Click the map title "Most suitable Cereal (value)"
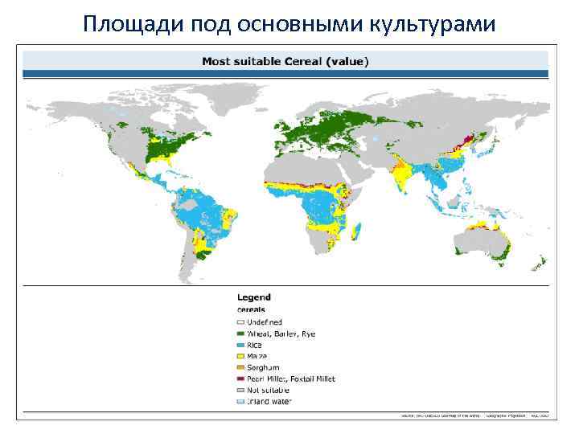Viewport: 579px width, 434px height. coord(285,60)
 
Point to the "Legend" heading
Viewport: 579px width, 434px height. coord(253,297)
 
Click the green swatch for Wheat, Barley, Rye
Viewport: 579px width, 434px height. coord(240,334)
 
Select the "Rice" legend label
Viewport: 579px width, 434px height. coord(255,345)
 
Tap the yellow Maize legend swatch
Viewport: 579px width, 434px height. coord(240,356)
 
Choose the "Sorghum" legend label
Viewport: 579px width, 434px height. coord(263,367)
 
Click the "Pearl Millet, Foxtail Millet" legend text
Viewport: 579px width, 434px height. coord(290,379)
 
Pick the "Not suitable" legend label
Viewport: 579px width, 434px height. coord(268,390)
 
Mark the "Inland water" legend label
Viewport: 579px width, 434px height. coord(269,401)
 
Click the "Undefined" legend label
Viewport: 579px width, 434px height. coord(266,322)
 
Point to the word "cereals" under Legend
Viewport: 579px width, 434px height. coord(251,309)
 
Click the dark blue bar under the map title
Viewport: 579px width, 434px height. coord(285,74)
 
